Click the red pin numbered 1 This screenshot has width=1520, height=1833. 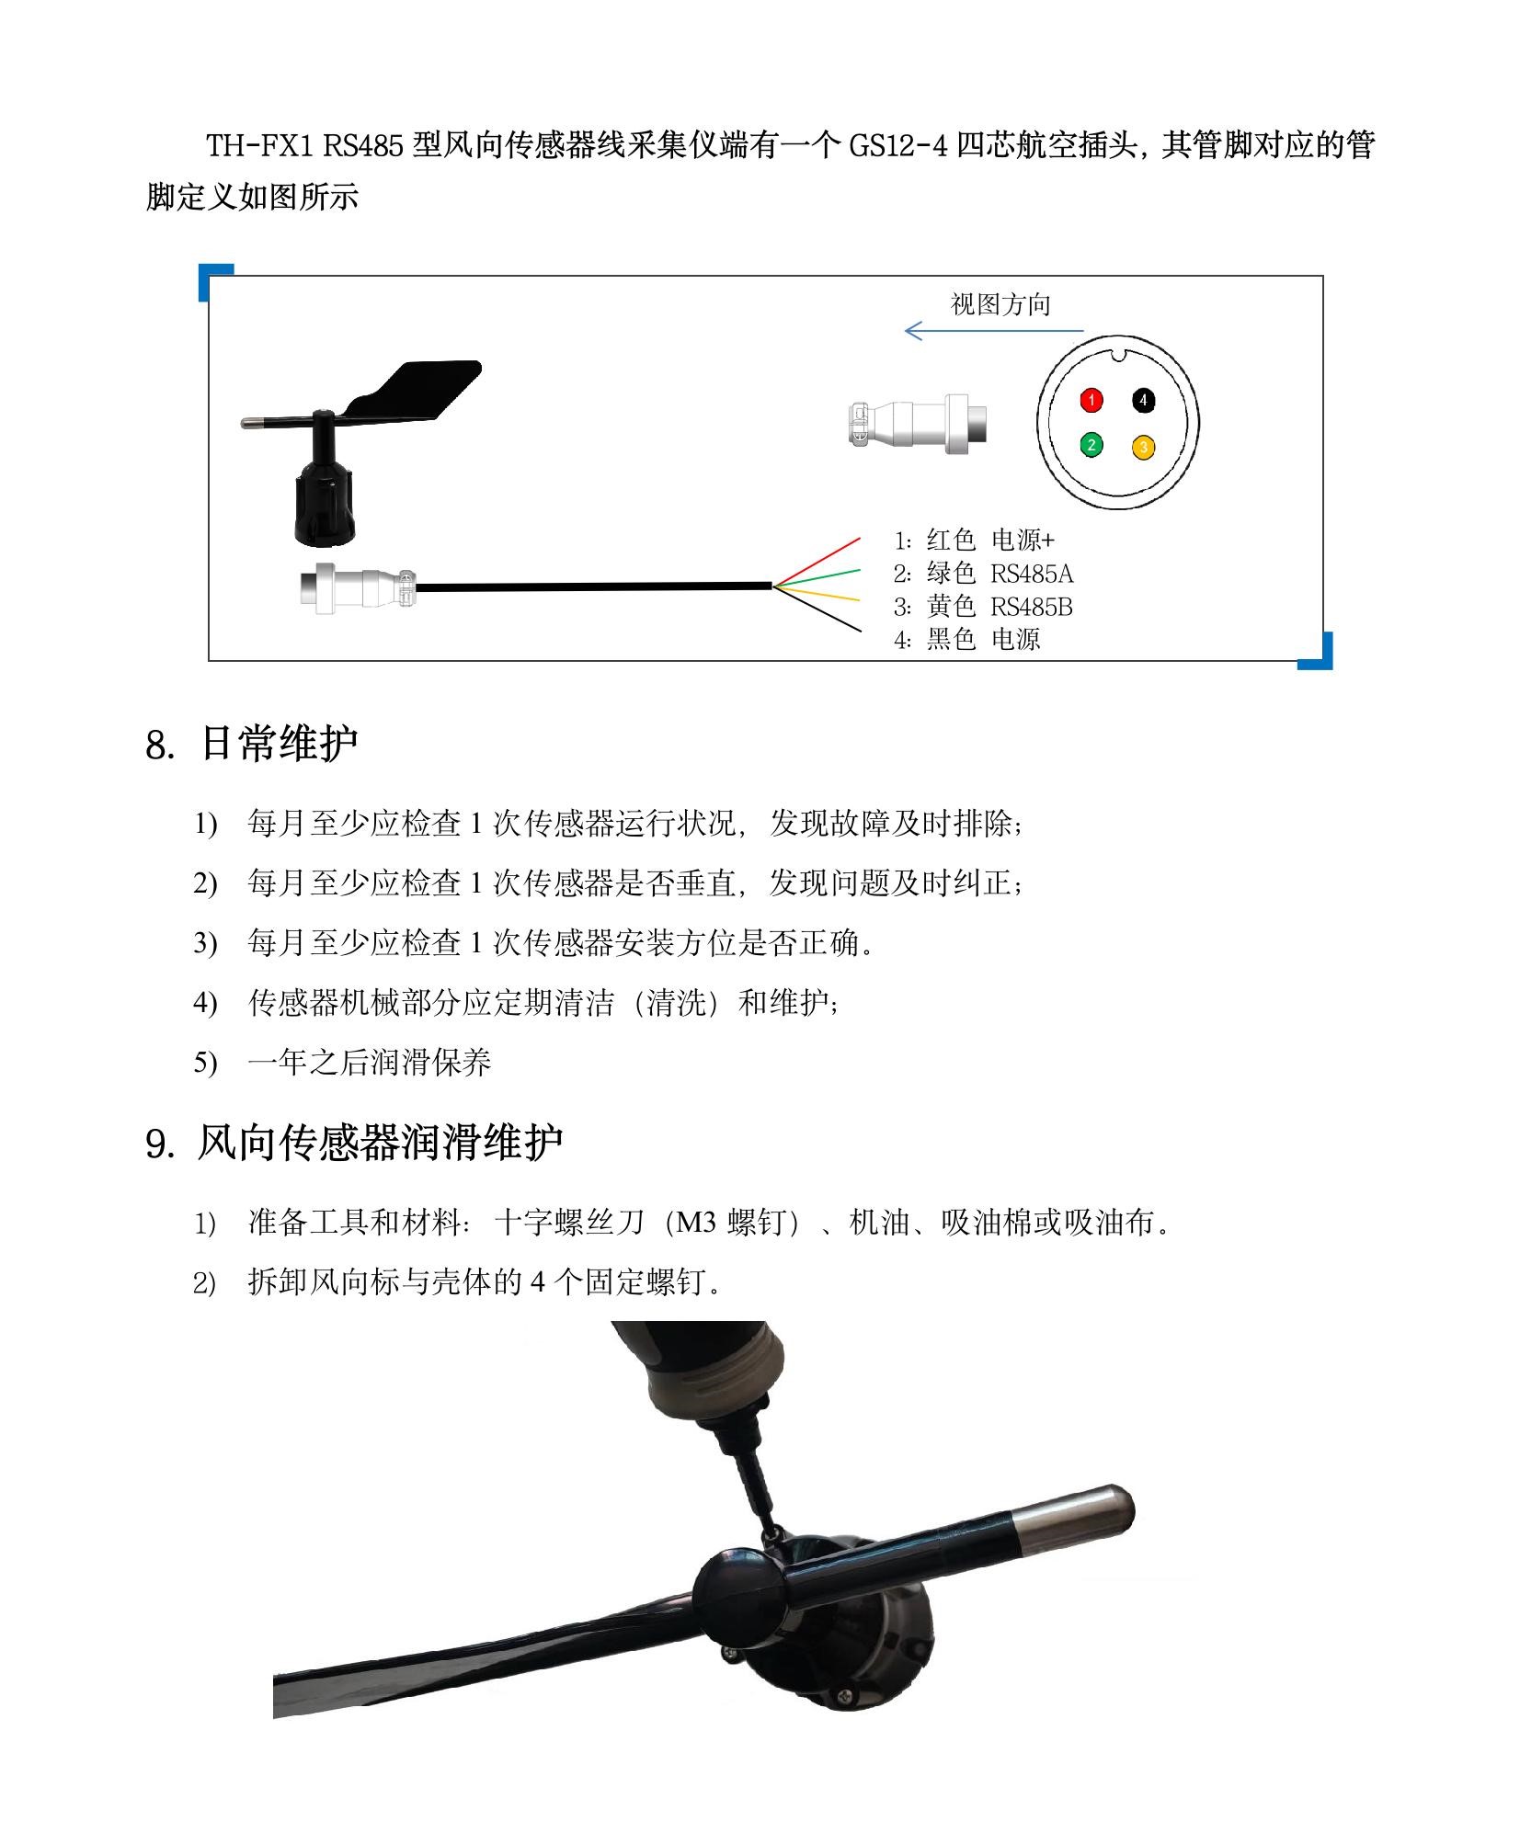click(1091, 400)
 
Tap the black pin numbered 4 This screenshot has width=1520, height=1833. click(1143, 400)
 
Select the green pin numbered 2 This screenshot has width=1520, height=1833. click(1091, 446)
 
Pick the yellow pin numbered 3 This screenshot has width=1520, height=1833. click(1143, 448)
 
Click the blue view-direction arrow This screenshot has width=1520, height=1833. click(993, 331)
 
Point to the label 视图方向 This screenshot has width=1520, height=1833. click(1000, 304)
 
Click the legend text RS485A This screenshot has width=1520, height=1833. click(1031, 574)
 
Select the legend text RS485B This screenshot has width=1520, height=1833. click(1031, 607)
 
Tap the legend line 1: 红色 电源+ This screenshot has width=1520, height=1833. click(975, 541)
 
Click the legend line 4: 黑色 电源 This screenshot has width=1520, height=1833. click(967, 640)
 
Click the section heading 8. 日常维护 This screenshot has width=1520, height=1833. click(251, 744)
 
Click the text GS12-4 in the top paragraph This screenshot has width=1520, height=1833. click(897, 145)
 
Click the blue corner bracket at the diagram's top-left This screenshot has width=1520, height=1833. click(215, 279)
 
